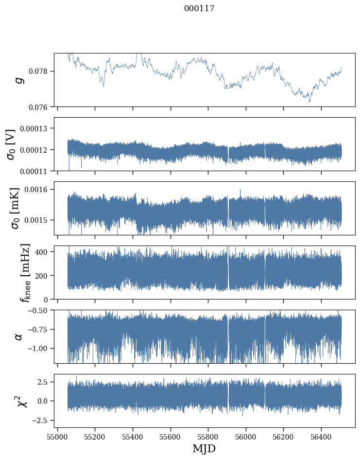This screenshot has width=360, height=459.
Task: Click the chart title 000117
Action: [199, 9]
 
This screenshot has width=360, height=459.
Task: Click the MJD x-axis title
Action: [204, 448]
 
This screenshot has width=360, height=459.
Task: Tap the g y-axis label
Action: [20, 80]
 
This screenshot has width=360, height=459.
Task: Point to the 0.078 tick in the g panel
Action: [40, 71]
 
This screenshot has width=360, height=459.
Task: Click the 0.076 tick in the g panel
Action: [40, 107]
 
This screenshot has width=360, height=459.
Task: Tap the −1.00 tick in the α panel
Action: [39, 348]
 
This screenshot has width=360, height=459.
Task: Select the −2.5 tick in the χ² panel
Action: [41, 420]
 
